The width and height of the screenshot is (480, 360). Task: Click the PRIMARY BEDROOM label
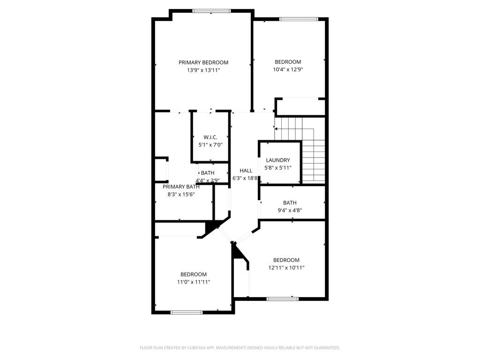pos(203,62)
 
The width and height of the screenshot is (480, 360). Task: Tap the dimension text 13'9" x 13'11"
pos(203,70)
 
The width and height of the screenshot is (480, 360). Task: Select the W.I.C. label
pos(210,137)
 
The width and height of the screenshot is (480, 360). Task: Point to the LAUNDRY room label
pos(278,160)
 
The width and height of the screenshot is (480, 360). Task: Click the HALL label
pos(246,171)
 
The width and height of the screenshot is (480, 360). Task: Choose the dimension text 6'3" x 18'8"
pos(246,178)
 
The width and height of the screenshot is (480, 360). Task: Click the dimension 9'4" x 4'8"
pos(290,210)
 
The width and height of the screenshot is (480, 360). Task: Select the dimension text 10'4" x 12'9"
pos(288,69)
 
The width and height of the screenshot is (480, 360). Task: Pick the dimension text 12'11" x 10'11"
pos(286,268)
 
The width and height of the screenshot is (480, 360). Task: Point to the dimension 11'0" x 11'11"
pos(194,282)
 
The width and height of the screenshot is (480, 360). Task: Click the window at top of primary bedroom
pos(211,11)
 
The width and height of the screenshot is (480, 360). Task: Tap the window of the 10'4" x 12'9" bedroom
pos(298,19)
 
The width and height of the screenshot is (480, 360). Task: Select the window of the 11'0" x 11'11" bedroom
pos(186,312)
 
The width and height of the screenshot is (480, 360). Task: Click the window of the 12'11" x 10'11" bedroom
pos(282,298)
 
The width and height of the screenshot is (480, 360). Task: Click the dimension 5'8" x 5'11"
pos(278,167)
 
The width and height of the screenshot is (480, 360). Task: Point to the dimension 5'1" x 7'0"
pos(210,145)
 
